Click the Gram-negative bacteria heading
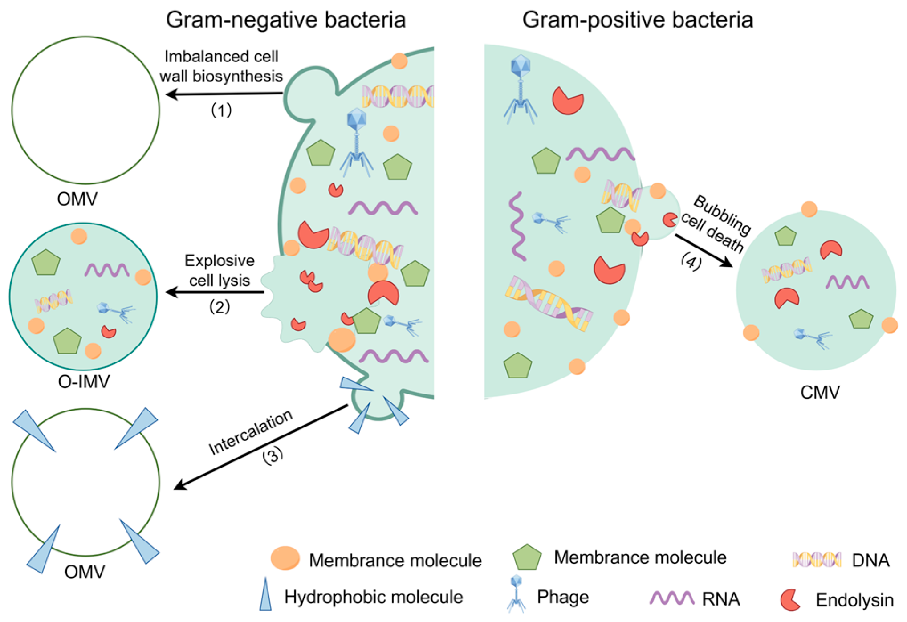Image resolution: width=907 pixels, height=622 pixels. pos(285,20)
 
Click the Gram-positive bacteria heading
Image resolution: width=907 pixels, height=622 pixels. pos(637,20)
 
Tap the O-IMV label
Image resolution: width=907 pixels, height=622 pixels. pos(84,382)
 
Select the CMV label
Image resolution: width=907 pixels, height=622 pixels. pos(820,392)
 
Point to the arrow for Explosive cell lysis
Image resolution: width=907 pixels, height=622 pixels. pos(215,292)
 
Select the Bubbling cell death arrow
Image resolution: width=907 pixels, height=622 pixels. pos(704,251)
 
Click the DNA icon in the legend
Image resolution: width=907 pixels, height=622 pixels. pos(817,559)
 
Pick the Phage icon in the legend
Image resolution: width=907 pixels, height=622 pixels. pos(516,593)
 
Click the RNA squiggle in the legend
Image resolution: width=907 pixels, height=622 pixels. pos(671,598)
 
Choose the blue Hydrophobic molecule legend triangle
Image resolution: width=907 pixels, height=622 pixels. pos(266,595)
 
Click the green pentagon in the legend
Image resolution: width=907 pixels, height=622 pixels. pos(527,557)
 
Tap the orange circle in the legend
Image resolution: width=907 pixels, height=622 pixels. pos(285,558)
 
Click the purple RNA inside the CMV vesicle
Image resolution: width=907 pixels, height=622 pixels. pos(847,282)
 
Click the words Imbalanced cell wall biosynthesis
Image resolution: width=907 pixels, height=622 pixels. pos(221,66)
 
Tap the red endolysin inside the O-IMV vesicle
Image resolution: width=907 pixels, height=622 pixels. pos(108,331)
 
